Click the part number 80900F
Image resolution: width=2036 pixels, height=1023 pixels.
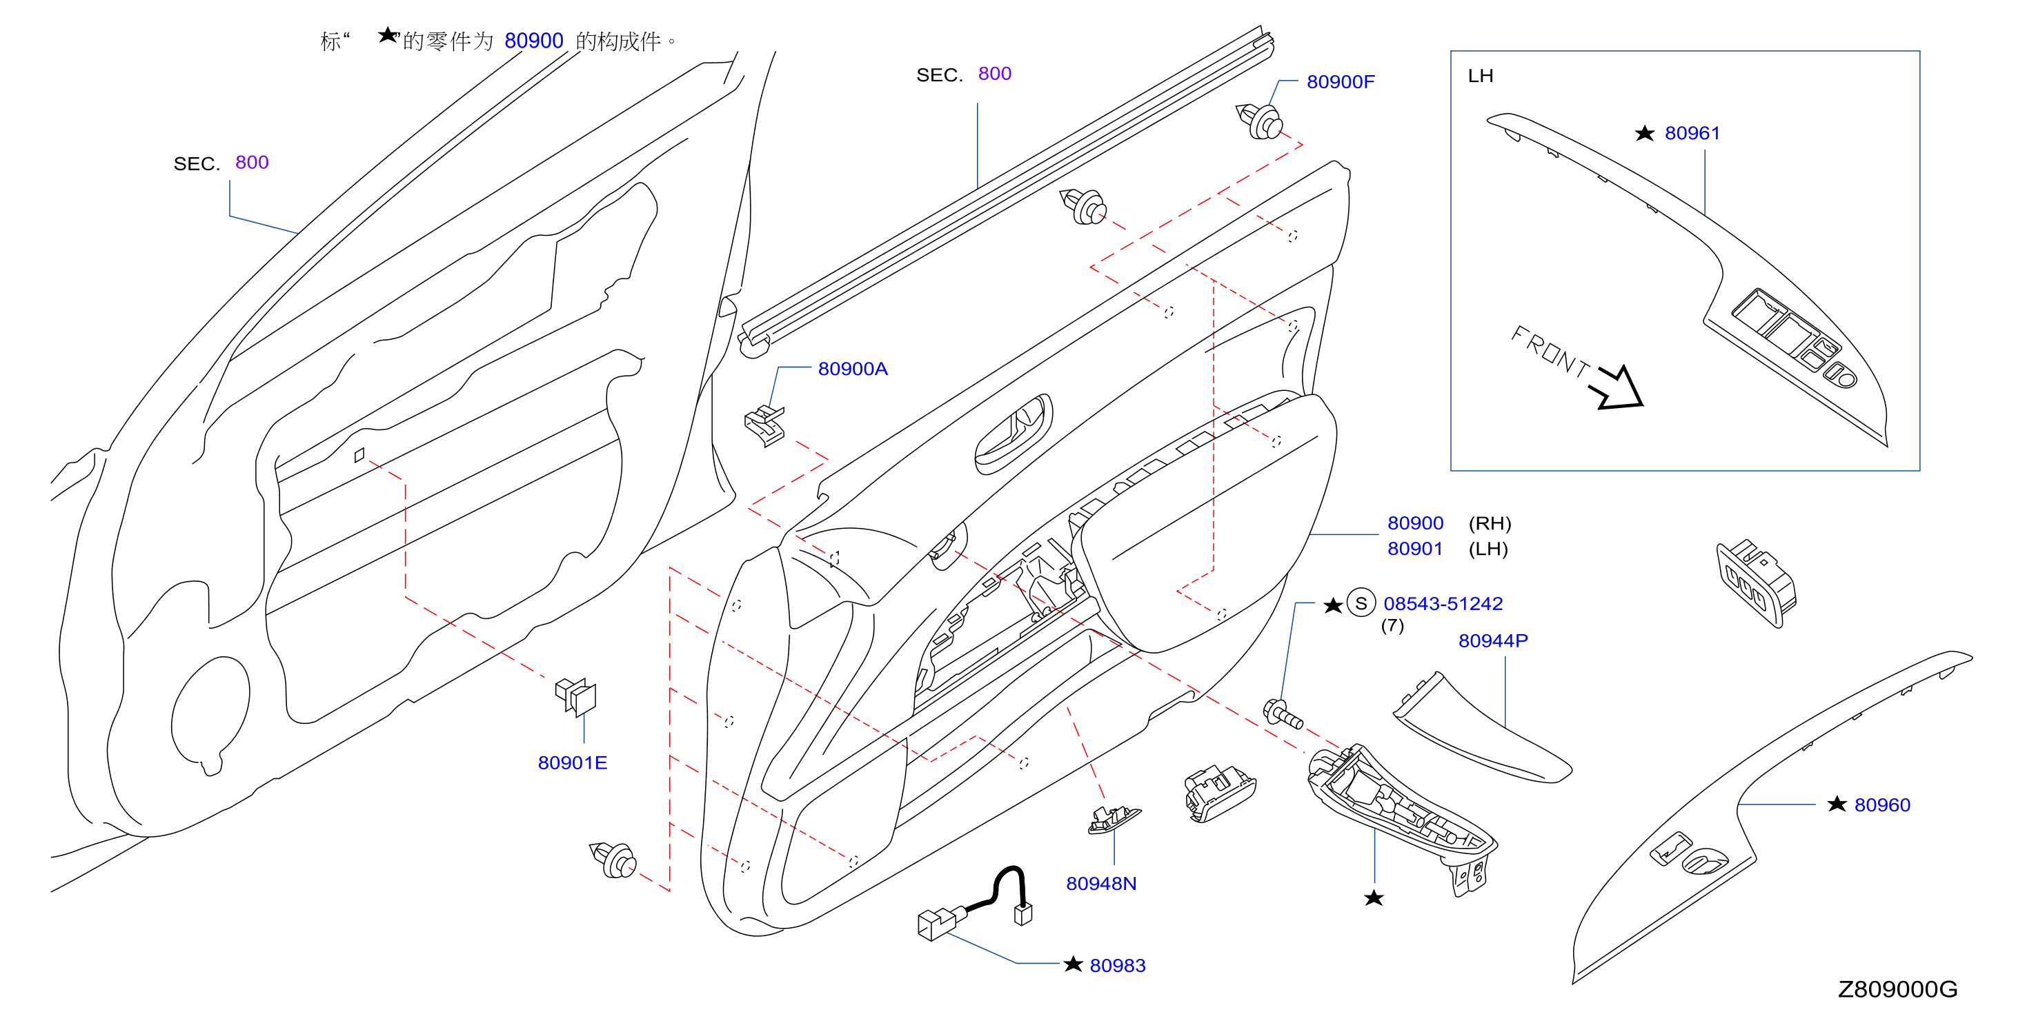click(1340, 81)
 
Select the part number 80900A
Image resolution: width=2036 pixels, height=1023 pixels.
click(852, 369)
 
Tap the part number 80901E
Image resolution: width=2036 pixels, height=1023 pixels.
click(572, 762)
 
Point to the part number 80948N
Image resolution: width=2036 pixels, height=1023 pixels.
click(1101, 883)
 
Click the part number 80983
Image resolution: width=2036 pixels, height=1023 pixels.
click(1117, 965)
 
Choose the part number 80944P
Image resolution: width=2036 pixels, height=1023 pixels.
click(1492, 640)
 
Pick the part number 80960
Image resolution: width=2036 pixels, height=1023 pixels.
click(1882, 805)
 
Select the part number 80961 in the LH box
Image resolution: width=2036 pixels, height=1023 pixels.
click(1692, 133)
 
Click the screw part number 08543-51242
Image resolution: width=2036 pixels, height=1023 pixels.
click(1443, 604)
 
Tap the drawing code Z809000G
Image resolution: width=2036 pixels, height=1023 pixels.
click(1897, 989)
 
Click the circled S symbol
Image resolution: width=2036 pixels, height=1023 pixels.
click(1361, 604)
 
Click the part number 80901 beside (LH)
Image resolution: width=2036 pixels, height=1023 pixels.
click(1415, 549)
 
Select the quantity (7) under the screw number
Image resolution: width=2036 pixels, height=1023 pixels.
click(1392, 626)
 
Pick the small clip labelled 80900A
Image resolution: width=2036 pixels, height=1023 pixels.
click(764, 426)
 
